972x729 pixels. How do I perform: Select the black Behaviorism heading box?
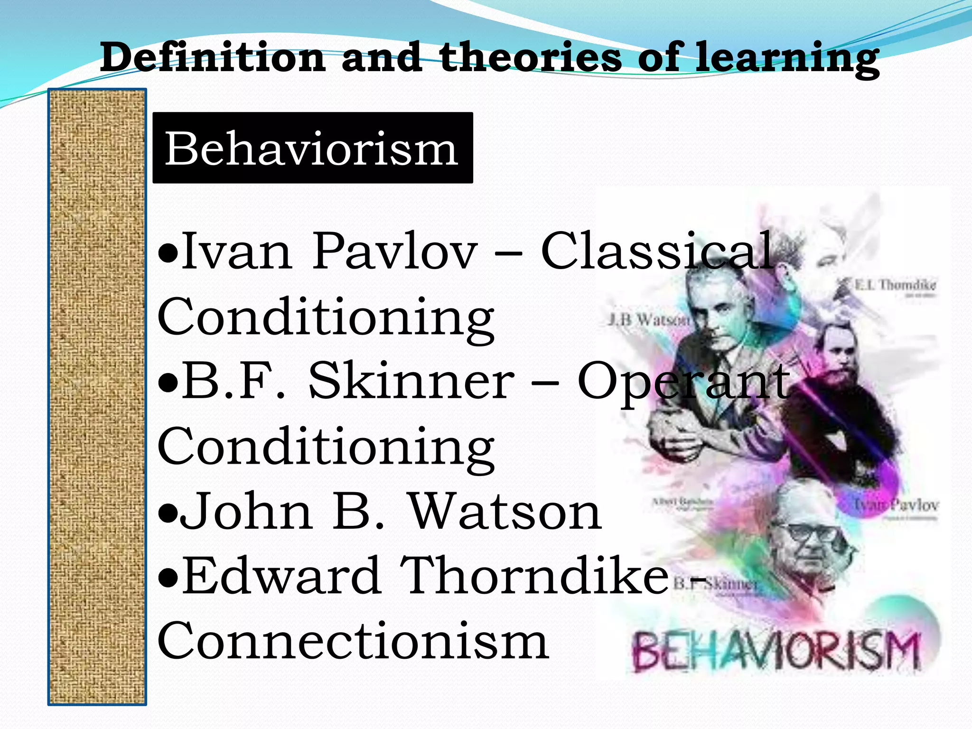click(312, 148)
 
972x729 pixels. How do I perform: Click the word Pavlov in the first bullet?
click(394, 252)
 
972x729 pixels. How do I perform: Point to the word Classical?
click(657, 252)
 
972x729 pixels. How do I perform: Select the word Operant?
click(683, 383)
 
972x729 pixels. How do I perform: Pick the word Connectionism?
click(353, 641)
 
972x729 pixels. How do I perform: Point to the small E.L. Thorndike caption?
click(895, 285)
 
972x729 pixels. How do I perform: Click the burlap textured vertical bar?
click(97, 397)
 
